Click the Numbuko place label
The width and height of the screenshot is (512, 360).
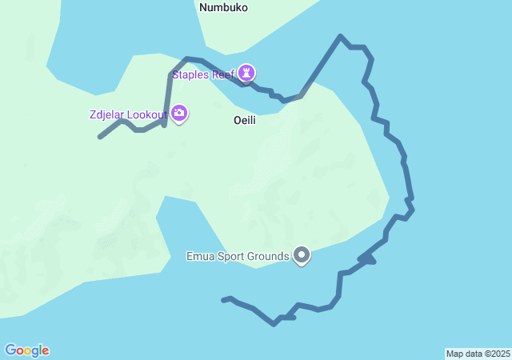pyautogui.click(x=223, y=8)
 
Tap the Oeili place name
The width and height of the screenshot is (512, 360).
pyautogui.click(x=245, y=119)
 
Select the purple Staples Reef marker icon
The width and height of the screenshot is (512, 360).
pyautogui.click(x=247, y=74)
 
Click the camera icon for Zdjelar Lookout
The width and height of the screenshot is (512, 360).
pyautogui.click(x=179, y=114)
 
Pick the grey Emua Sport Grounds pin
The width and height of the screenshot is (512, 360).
pyautogui.click(x=302, y=255)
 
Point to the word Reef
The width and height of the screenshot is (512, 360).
pyautogui.click(x=224, y=74)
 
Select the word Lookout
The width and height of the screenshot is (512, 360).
pyautogui.click(x=148, y=114)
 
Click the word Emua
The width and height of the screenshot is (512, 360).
pyautogui.click(x=199, y=257)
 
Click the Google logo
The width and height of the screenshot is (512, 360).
pyautogui.click(x=26, y=350)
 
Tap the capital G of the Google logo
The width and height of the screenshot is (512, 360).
pyautogui.click(x=10, y=350)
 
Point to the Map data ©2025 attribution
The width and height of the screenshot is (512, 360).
pyautogui.click(x=478, y=354)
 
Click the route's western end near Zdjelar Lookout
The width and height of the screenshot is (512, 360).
pyautogui.click(x=99, y=138)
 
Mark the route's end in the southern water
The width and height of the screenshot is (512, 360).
pyautogui.click(x=223, y=300)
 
